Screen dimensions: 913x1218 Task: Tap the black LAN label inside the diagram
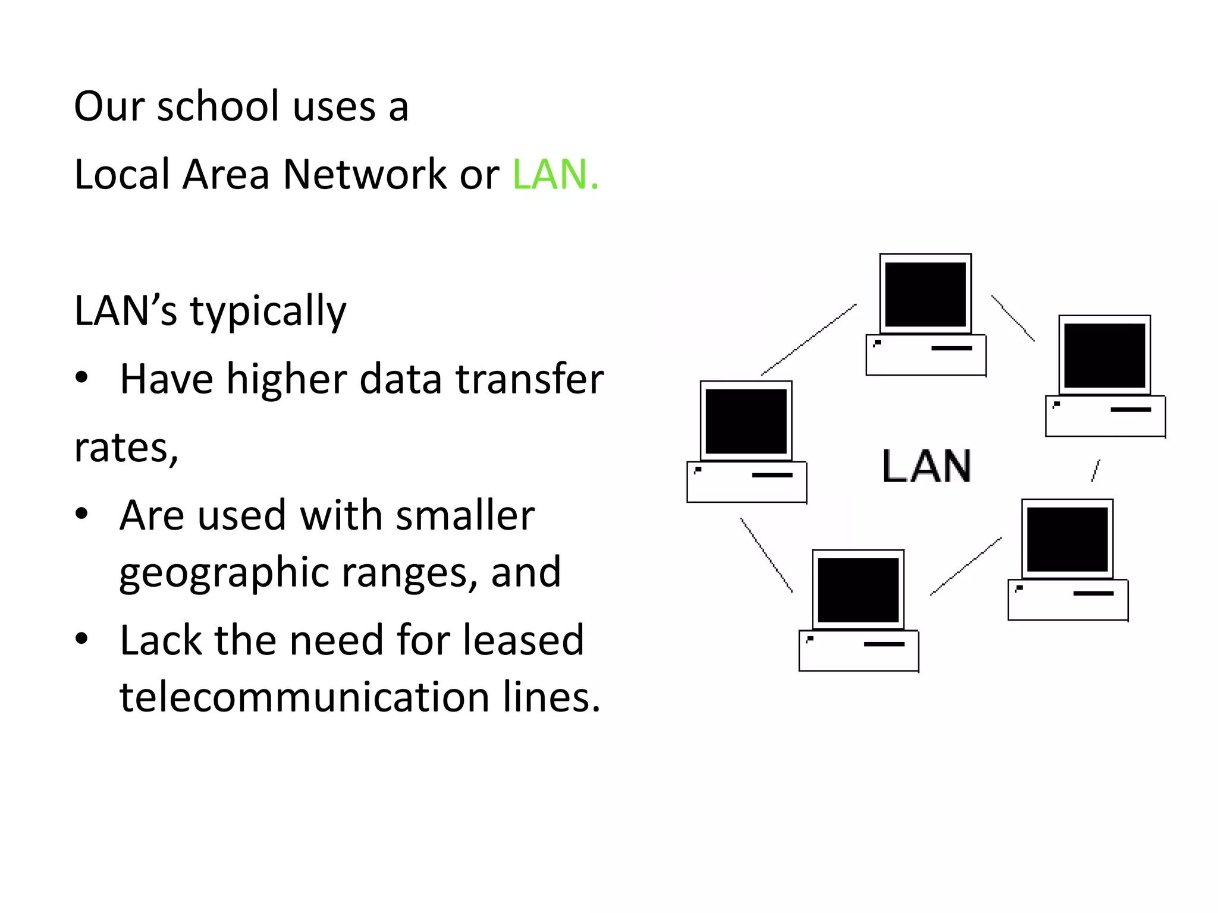pos(926,466)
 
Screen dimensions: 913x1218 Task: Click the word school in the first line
pos(218,107)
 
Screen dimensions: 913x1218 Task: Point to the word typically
pos(268,311)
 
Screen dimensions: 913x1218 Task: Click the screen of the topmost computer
pos(925,295)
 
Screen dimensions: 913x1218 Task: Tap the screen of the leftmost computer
pos(746,421)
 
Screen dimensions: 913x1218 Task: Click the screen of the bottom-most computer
pos(858,590)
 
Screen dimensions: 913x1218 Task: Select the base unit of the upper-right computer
pos(1105,416)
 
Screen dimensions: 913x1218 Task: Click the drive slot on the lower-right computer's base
pos(1093,593)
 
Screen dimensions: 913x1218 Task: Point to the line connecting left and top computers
pos(809,339)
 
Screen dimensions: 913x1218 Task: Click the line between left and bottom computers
pos(766,555)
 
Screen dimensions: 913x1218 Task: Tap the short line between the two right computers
pos(1095,470)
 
